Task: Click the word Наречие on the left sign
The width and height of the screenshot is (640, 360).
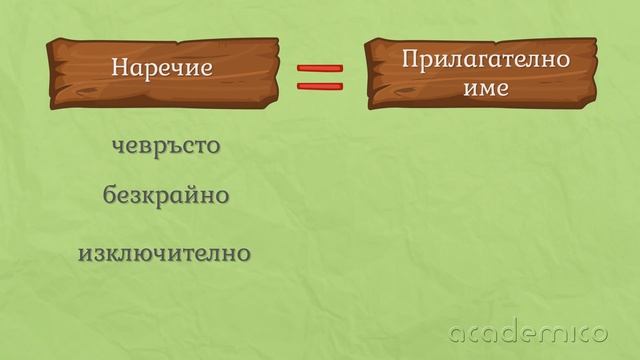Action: click(162, 70)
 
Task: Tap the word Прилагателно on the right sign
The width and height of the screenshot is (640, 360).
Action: click(486, 60)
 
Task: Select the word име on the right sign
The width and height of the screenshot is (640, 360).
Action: click(487, 87)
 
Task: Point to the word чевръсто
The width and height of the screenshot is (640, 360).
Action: click(165, 146)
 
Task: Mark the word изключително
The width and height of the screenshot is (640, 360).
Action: click(164, 253)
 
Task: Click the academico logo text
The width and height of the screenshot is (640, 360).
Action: click(529, 332)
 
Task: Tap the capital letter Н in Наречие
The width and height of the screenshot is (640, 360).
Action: click(120, 70)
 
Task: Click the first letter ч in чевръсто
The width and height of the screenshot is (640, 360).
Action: click(117, 147)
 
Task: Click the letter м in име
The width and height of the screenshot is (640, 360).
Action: click(488, 88)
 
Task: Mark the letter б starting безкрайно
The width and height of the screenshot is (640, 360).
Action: click(110, 193)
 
